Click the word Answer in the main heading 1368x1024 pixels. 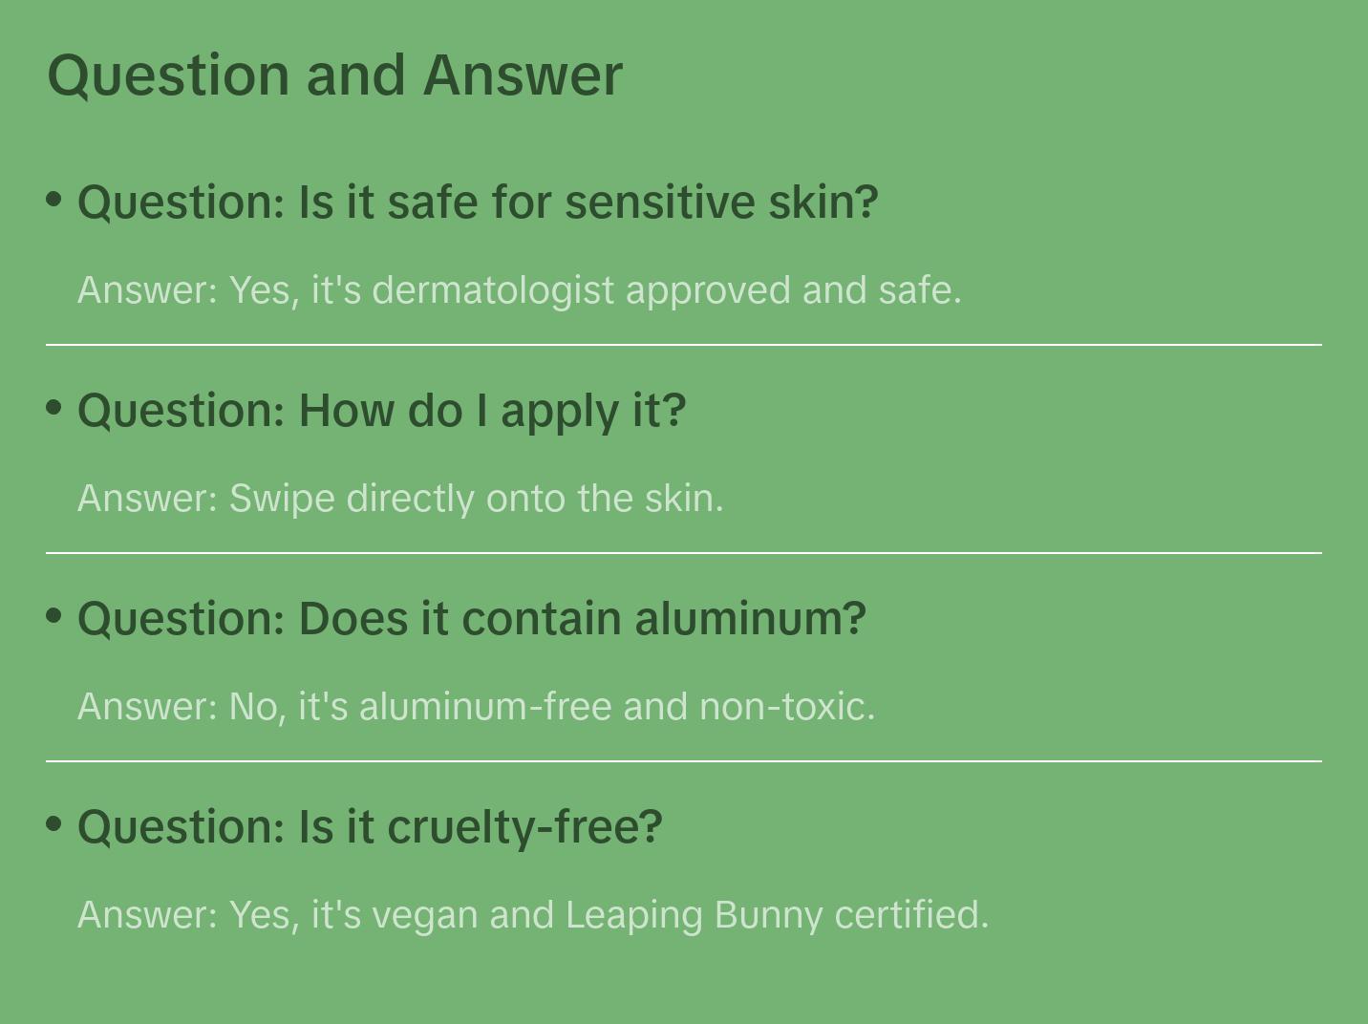[x=523, y=75]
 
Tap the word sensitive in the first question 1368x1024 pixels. [x=660, y=203]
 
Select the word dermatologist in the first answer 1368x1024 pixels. [x=493, y=291]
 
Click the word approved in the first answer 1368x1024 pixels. [x=708, y=292]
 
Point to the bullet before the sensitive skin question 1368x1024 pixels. [x=54, y=200]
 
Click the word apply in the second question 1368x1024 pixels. [x=560, y=413]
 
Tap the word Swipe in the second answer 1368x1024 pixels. [x=282, y=500]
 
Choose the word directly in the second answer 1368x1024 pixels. [x=410, y=500]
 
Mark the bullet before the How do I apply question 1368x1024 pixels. [x=54, y=408]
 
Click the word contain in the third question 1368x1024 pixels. [x=542, y=619]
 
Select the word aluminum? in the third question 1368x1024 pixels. [x=750, y=619]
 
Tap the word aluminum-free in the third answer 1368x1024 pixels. [x=485, y=707]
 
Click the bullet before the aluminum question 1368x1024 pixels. [x=54, y=616]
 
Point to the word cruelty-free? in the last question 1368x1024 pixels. [x=524, y=828]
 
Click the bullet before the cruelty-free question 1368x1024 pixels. [x=54, y=824]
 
